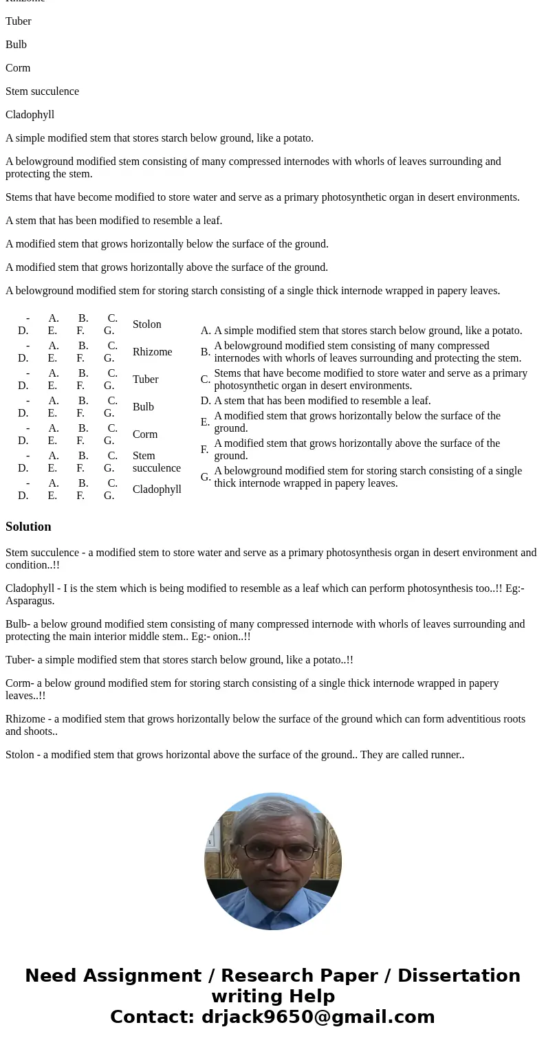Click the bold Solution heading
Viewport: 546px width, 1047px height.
point(28,527)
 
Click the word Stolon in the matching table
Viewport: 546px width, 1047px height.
point(146,324)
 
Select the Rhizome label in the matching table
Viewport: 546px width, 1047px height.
point(152,352)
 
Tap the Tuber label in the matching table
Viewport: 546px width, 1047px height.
point(145,379)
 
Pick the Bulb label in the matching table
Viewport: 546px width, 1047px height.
point(143,407)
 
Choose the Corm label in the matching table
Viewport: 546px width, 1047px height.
point(145,434)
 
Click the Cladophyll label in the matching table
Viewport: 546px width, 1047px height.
point(157,489)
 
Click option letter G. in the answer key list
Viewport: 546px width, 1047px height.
point(206,477)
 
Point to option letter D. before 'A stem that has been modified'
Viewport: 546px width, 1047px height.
point(206,401)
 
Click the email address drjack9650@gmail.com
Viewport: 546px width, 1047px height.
point(318,1017)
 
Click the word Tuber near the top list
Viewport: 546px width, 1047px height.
point(19,21)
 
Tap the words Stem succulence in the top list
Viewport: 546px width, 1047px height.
point(42,91)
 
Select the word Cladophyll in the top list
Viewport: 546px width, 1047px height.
point(30,115)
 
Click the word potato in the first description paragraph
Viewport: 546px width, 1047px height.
point(296,138)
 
